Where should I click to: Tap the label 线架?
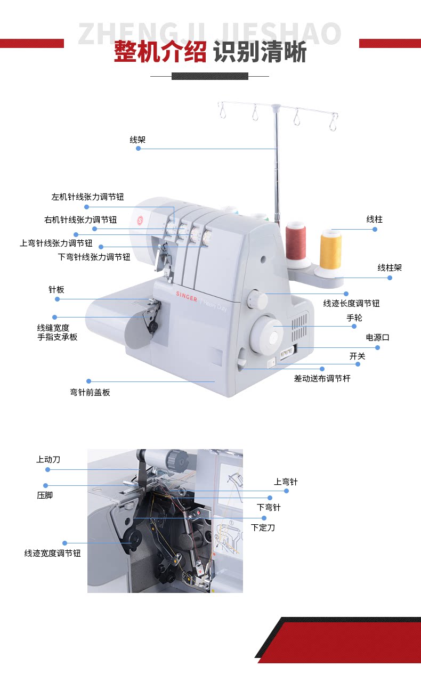point(137,140)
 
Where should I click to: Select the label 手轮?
point(354,318)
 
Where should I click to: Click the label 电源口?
point(377,338)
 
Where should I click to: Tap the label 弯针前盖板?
point(90,393)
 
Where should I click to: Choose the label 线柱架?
point(390,267)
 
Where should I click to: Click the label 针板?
point(56,290)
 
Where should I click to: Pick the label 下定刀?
point(263,527)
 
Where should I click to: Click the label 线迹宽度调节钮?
point(52,554)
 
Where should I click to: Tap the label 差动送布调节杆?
point(322,379)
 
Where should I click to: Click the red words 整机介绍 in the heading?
point(160,53)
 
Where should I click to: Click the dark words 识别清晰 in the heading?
point(260,53)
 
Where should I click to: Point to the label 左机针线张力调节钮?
point(87,197)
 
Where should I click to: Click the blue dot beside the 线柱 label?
point(375,229)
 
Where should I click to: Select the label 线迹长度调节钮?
point(351,304)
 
